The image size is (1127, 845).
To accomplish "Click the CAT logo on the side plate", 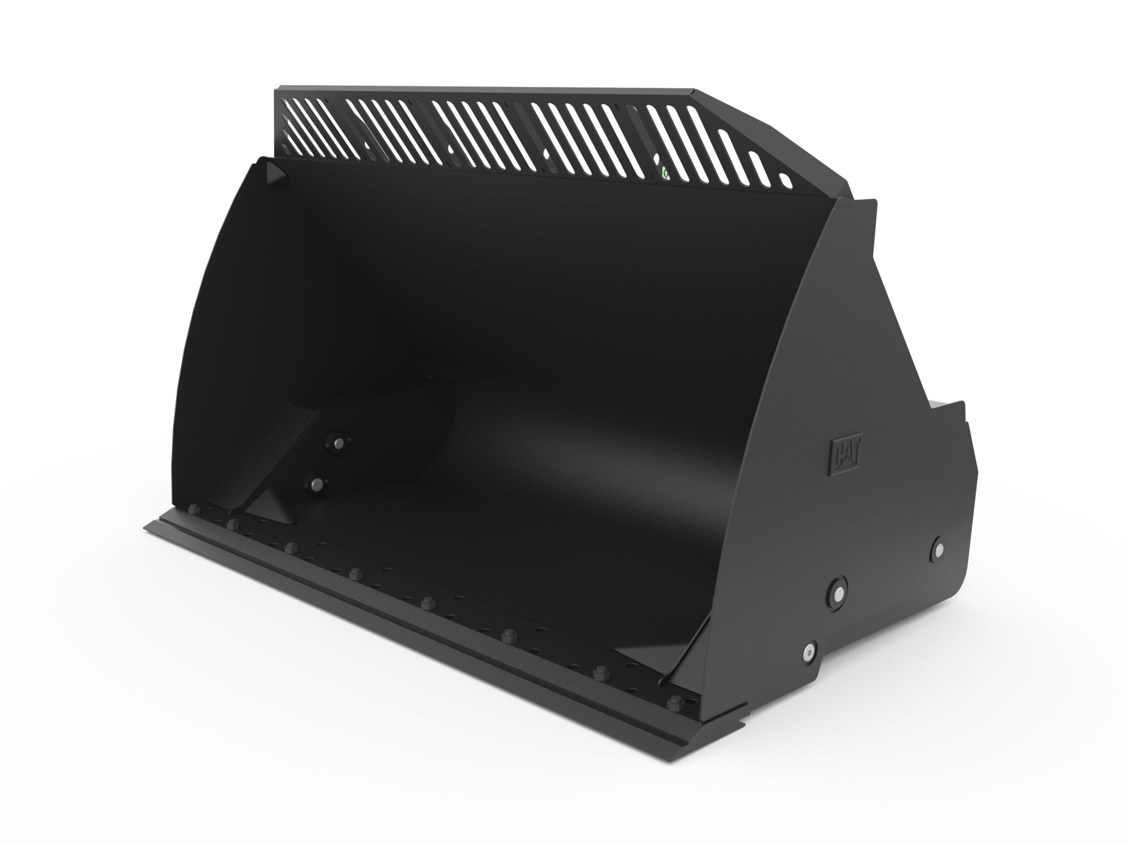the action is click(x=846, y=457).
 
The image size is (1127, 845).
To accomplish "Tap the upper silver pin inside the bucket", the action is click(x=337, y=442).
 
